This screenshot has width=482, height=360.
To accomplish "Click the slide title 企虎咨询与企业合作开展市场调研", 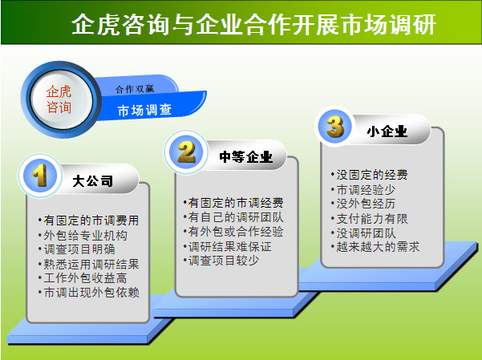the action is tap(254, 24).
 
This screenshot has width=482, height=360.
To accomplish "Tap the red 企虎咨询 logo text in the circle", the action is tap(59, 99).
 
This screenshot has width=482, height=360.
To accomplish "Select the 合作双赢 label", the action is tap(135, 89).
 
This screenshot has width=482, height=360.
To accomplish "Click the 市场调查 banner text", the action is tap(144, 110).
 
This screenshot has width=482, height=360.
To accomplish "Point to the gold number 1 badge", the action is tap(40, 176).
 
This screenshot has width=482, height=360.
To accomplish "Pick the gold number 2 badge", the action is tap(187, 152).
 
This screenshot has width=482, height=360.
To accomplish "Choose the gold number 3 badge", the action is tap(335, 127).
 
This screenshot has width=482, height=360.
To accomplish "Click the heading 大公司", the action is tap(92, 180).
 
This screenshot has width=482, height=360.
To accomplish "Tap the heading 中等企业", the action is tap(246, 157).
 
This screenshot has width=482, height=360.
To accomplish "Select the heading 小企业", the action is tap(387, 131).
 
